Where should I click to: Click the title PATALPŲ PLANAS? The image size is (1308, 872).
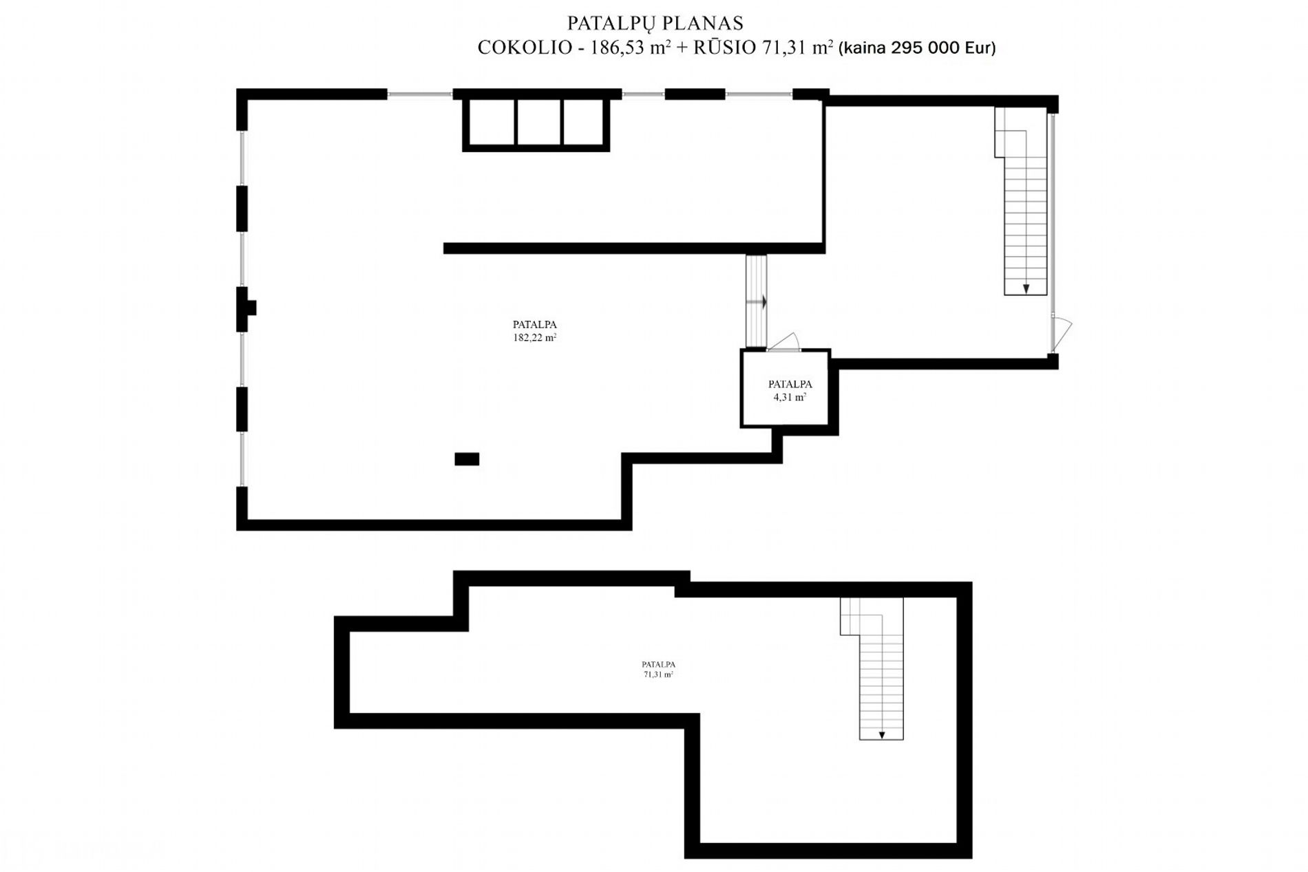[655, 23]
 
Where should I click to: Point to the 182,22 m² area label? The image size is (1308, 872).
[535, 338]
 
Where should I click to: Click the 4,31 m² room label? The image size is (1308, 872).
[790, 397]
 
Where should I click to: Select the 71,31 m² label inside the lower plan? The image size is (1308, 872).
[658, 675]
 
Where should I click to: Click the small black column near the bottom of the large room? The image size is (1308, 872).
[467, 459]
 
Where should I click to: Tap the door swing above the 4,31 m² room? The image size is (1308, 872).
[784, 341]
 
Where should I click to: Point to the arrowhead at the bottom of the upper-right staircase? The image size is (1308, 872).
[1026, 289]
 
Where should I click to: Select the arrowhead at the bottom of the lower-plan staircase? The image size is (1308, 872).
[882, 735]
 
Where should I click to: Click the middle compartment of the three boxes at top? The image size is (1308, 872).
[539, 122]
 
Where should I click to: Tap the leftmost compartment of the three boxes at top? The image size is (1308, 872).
[492, 122]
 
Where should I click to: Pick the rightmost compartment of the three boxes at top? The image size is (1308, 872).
[584, 122]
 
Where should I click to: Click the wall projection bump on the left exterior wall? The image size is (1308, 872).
[251, 308]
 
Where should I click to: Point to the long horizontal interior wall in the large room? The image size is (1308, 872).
[634, 248]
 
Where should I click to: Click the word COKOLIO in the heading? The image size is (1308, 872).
[525, 47]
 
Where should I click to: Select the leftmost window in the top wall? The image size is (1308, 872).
[420, 94]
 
